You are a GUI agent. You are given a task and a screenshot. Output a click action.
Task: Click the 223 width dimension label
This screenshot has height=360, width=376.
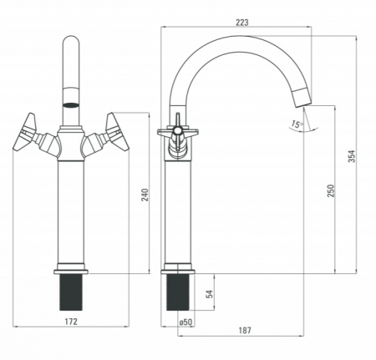coord(242,23)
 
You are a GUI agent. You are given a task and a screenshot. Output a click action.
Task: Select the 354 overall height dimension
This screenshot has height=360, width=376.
coord(352,156)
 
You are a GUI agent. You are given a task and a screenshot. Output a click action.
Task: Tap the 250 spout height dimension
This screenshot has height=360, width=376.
coord(330,190)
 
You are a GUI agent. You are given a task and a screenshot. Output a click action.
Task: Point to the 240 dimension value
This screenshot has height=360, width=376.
coord(145,195)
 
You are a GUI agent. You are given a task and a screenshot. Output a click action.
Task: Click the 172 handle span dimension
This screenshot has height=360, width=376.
coord(71,322)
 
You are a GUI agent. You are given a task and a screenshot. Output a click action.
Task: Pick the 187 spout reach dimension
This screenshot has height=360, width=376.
coord(245,331)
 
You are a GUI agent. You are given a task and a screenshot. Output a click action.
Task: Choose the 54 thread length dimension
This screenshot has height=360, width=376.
coord(210,294)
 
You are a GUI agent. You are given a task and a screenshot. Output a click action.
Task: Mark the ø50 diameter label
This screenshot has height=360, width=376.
coord(185,322)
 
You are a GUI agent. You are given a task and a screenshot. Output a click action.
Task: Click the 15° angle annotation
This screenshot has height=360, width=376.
coord(297,124)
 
